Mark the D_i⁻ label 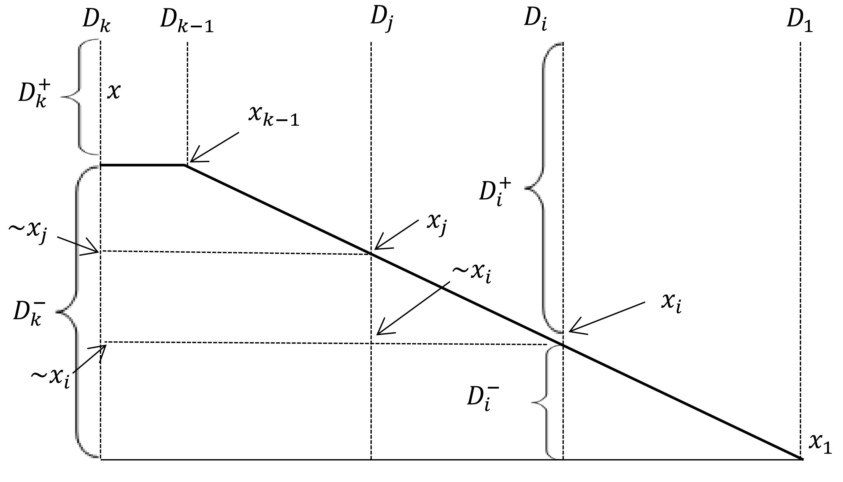(483, 398)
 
